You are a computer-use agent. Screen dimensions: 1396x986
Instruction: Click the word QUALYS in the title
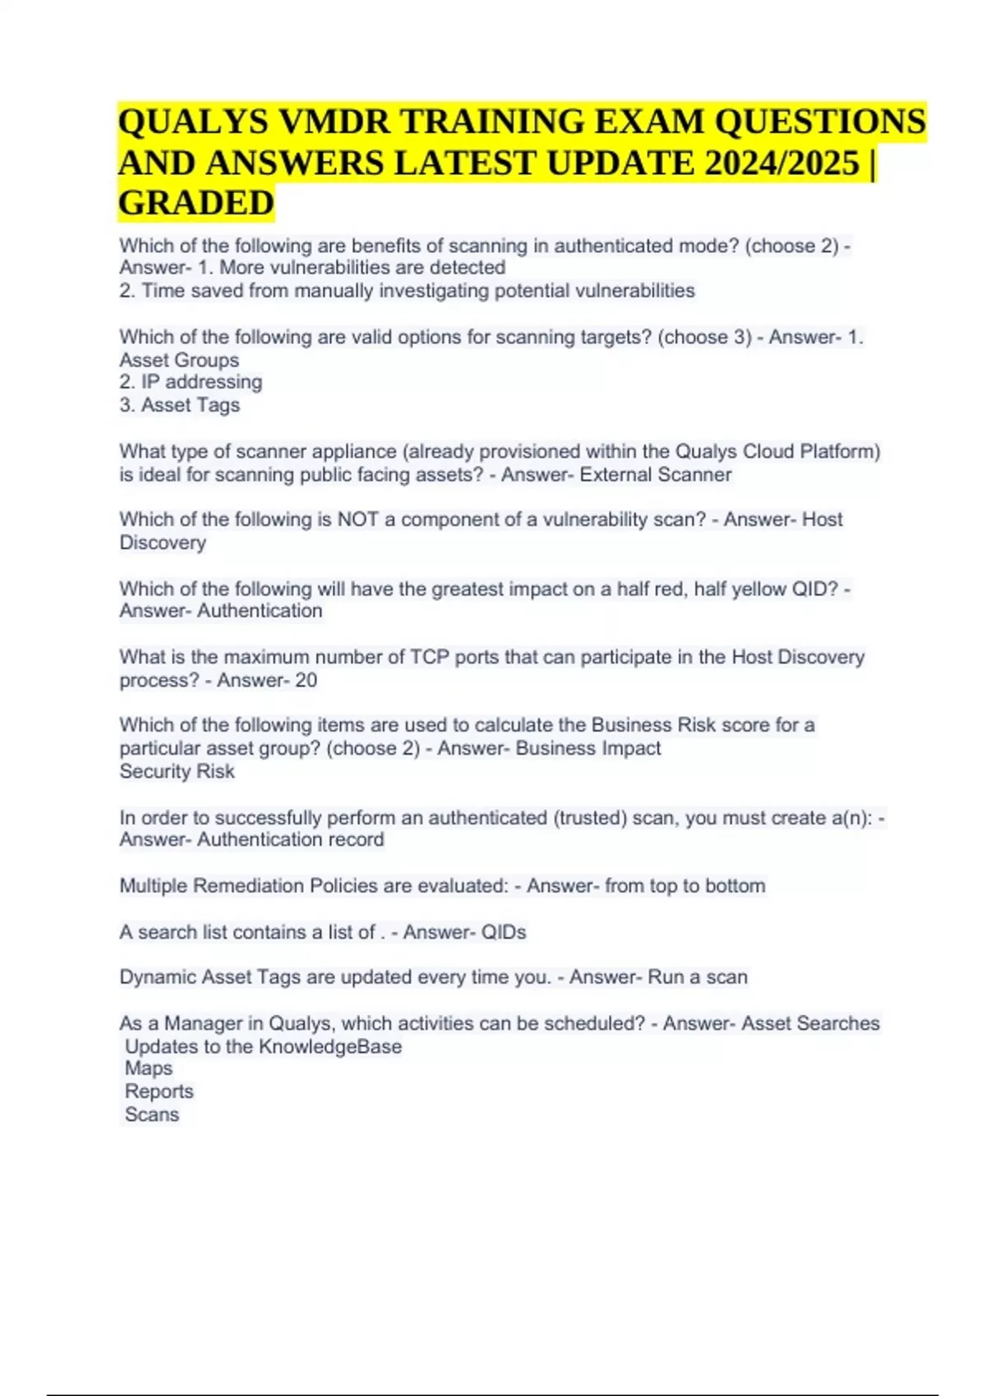pos(193,122)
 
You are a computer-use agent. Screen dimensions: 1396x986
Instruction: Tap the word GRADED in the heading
pos(196,203)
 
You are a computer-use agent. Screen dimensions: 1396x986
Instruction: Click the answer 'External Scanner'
pos(655,475)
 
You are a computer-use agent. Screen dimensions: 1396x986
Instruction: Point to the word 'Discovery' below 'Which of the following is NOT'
pos(163,543)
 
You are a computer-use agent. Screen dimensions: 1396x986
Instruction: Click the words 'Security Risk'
pos(177,771)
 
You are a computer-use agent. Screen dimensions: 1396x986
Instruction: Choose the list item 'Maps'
pos(149,1068)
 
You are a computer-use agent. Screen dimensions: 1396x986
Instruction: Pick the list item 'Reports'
pos(159,1091)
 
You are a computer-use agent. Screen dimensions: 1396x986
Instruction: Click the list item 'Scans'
pos(152,1114)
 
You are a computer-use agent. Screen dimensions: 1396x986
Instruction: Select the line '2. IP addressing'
pos(191,382)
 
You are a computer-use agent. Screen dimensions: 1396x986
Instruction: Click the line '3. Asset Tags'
pos(180,405)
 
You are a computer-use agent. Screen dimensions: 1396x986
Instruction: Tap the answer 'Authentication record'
pos(290,839)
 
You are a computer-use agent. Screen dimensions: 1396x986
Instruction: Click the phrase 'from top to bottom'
pos(684,886)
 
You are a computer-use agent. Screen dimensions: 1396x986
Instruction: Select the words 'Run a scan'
pos(698,977)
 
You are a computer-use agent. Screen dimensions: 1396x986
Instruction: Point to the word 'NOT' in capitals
pos(356,520)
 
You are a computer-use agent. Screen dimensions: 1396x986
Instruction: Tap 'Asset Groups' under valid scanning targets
pos(179,360)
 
